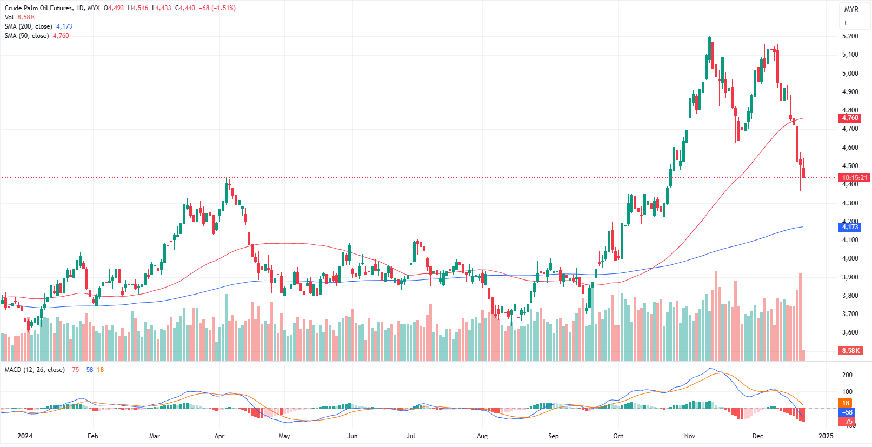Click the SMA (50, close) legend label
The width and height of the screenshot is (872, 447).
coord(26,36)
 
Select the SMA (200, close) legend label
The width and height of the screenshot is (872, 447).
coord(28,26)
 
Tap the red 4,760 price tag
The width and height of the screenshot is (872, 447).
coord(850,118)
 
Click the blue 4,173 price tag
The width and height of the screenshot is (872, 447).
coord(850,227)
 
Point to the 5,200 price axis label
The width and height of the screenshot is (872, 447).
coord(850,36)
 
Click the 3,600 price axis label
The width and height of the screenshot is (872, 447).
coord(850,332)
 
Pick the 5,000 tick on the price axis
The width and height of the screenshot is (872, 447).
coord(850,74)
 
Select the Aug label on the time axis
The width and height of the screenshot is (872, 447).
coord(482,436)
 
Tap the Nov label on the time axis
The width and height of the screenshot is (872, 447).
coord(689,436)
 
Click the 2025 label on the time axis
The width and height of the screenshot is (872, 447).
coord(826,436)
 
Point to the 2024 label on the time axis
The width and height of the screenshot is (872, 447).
coord(25,436)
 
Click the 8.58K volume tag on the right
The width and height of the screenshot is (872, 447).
coord(850,351)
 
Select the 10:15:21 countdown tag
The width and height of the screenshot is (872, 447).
coord(854,178)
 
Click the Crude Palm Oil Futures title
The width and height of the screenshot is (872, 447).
coord(38,8)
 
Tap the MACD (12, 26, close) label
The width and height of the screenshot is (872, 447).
coord(35,370)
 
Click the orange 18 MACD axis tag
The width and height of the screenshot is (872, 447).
coord(846,403)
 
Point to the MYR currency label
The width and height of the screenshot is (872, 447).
coord(851,9)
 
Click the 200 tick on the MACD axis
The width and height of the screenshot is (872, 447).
coord(847,375)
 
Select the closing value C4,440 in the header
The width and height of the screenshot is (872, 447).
coord(185,8)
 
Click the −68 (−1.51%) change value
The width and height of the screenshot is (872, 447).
coord(217,8)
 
